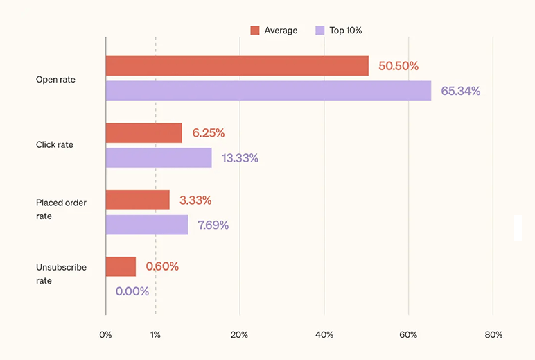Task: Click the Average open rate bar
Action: click(237, 66)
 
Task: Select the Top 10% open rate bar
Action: click(268, 91)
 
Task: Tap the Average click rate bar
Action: click(143, 132)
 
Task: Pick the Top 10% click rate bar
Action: click(159, 157)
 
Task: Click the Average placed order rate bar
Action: click(137, 200)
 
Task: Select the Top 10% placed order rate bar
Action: click(146, 225)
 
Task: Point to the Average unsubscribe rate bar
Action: click(121, 266)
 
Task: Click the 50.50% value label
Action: click(398, 67)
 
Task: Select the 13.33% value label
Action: click(240, 158)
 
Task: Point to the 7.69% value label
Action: click(213, 225)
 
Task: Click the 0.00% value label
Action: click(132, 292)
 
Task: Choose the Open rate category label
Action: click(55, 80)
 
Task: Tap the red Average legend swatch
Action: click(254, 30)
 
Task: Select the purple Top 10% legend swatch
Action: click(319, 30)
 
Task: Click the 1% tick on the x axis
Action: click(155, 335)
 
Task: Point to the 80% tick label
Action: click(493, 335)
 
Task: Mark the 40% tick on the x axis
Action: click(324, 335)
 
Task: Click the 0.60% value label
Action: click(162, 266)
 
